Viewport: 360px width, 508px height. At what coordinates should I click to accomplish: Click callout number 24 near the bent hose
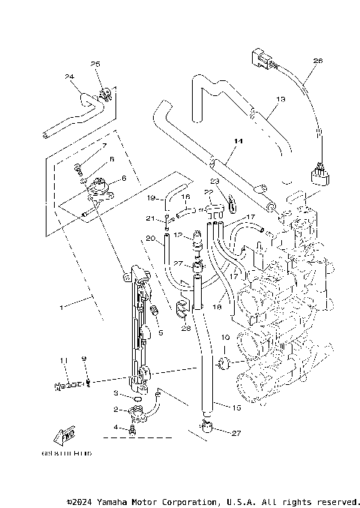(x=69, y=77)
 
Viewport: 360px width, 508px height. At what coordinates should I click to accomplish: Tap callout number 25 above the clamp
(x=95, y=64)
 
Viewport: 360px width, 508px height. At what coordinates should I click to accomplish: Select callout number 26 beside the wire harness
(x=317, y=60)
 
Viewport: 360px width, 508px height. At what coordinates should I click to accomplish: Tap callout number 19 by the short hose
(x=150, y=198)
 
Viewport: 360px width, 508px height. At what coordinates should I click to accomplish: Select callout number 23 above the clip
(x=214, y=181)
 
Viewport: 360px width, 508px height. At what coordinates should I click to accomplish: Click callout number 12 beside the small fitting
(x=177, y=235)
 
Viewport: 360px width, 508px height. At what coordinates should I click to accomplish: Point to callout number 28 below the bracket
(x=186, y=328)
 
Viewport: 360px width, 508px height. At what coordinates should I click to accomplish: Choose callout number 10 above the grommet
(x=223, y=338)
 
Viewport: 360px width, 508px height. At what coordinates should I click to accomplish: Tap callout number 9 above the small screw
(x=84, y=359)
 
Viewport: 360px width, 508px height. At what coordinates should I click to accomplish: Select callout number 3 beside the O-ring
(x=115, y=392)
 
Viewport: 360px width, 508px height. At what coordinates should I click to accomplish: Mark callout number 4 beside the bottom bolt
(x=115, y=428)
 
